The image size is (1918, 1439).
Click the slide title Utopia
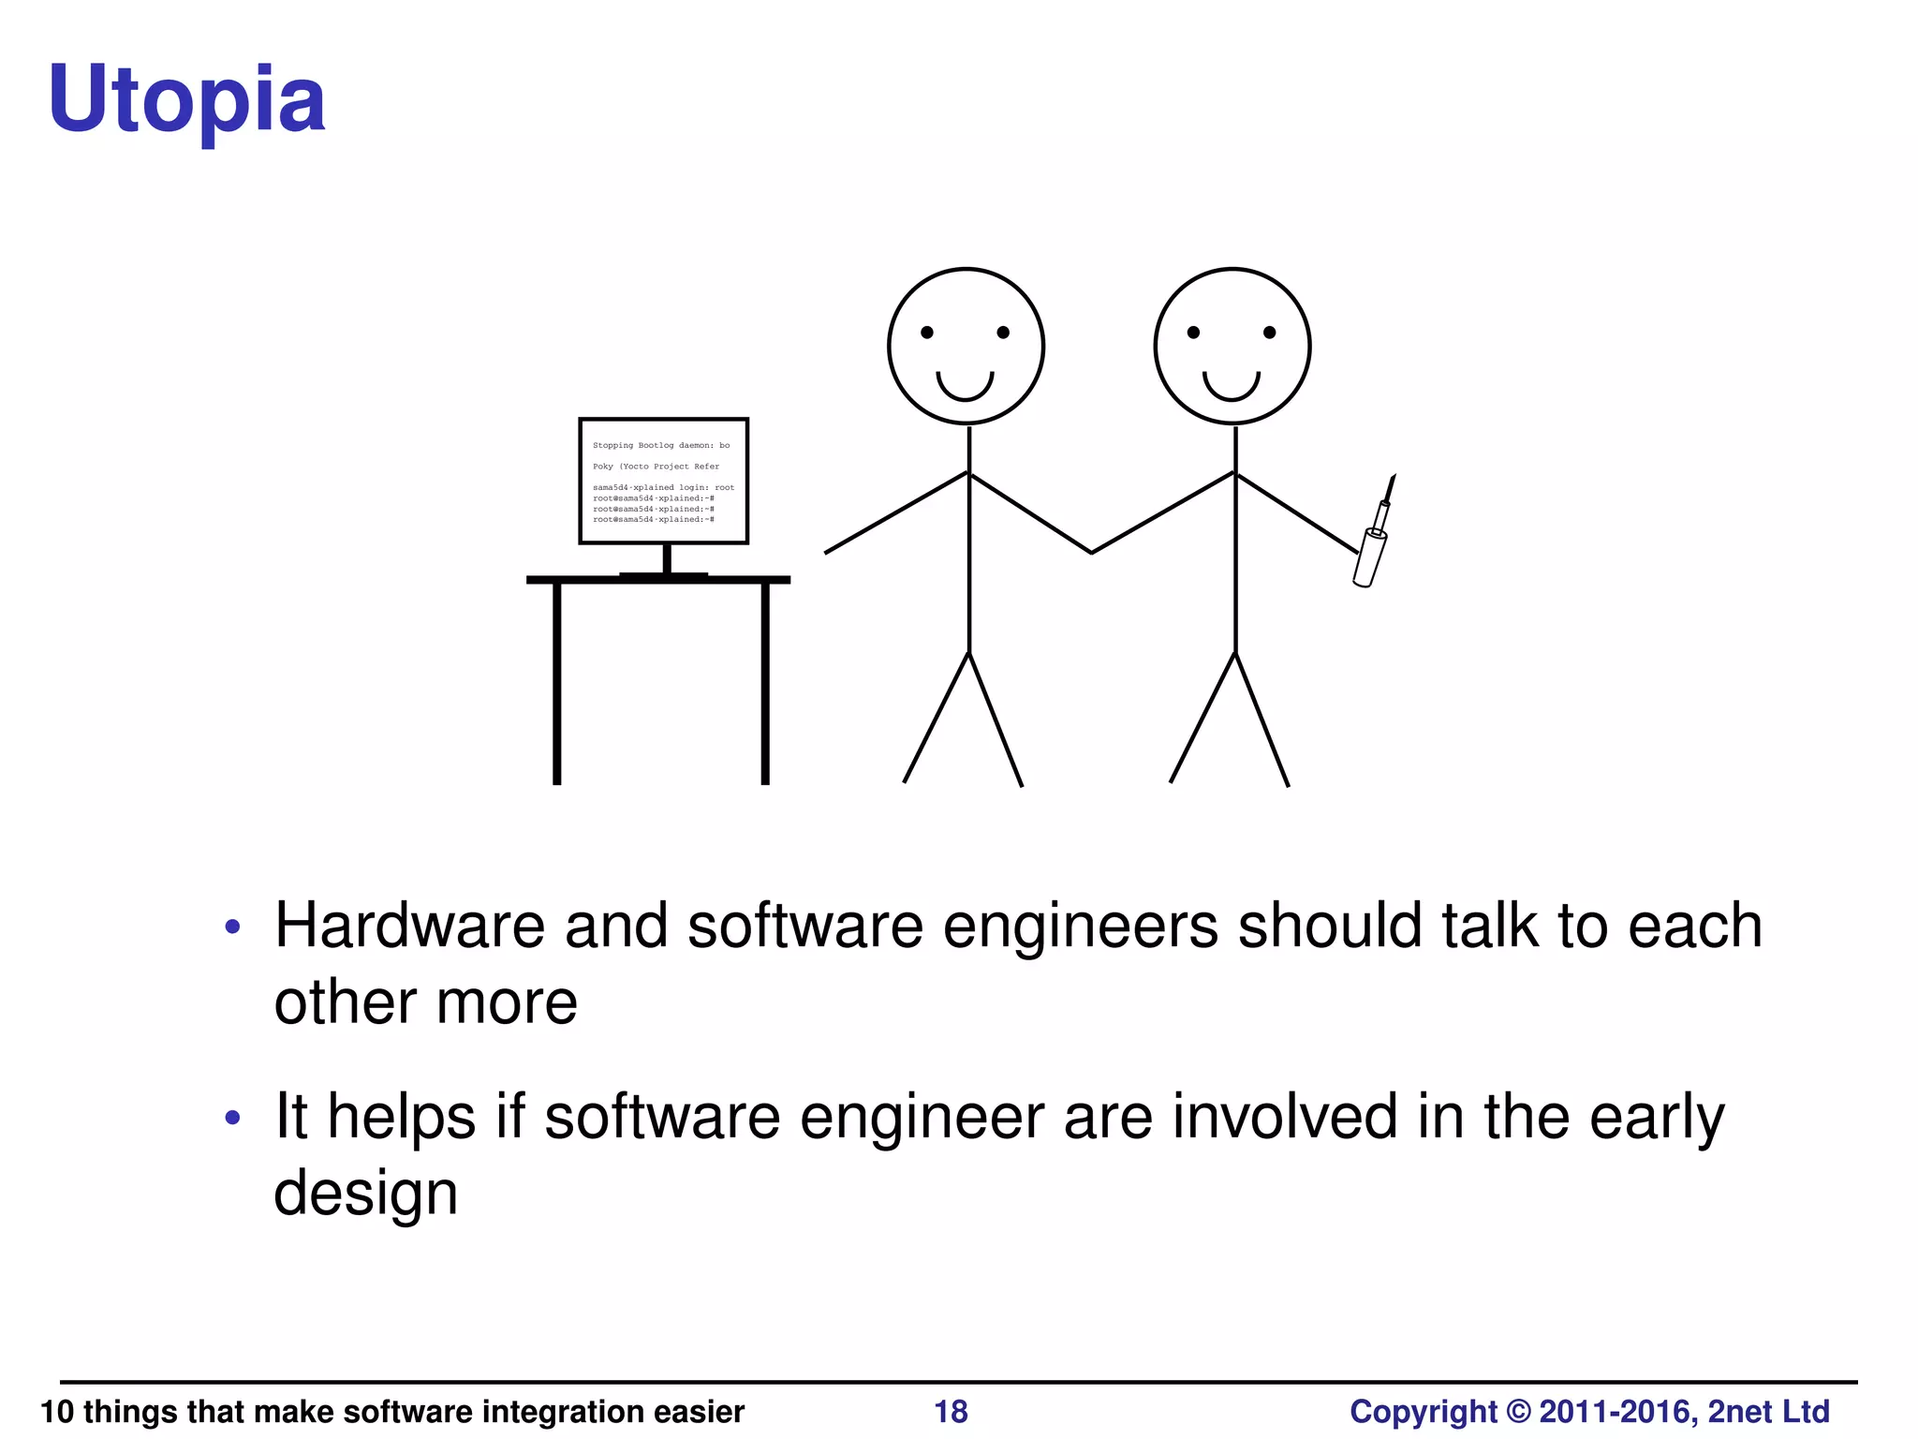[x=187, y=99]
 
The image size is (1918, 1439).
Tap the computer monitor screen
[x=663, y=481]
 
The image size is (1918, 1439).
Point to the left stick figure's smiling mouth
[x=965, y=386]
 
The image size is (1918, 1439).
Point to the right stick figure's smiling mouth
[x=1232, y=386]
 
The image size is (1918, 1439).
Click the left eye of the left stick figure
[x=927, y=333]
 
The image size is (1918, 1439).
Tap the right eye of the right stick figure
[x=1270, y=333]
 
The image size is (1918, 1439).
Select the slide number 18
[x=951, y=1411]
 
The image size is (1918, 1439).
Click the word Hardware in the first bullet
[x=409, y=926]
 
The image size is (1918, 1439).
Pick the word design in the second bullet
[x=365, y=1194]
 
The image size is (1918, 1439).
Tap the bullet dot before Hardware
[x=233, y=928]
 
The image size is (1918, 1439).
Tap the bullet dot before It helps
[x=233, y=1118]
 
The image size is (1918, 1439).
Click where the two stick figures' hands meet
[x=1091, y=552]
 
